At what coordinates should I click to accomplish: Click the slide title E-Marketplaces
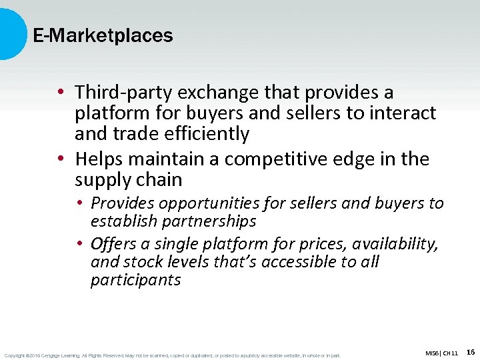103,36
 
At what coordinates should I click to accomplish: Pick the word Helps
98,159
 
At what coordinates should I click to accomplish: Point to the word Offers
113,245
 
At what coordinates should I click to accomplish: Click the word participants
135,280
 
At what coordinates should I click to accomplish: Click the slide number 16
471,352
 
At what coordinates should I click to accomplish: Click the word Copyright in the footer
15,355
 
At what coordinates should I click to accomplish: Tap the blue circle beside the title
10,33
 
